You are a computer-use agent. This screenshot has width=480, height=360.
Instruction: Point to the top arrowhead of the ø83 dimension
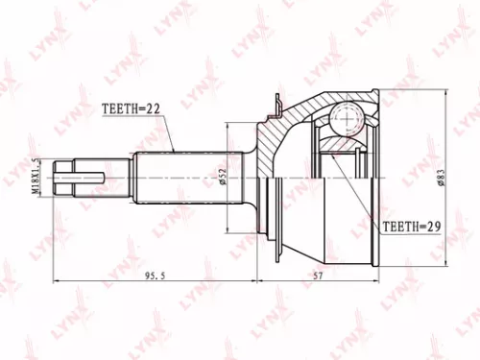[x=447, y=94]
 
